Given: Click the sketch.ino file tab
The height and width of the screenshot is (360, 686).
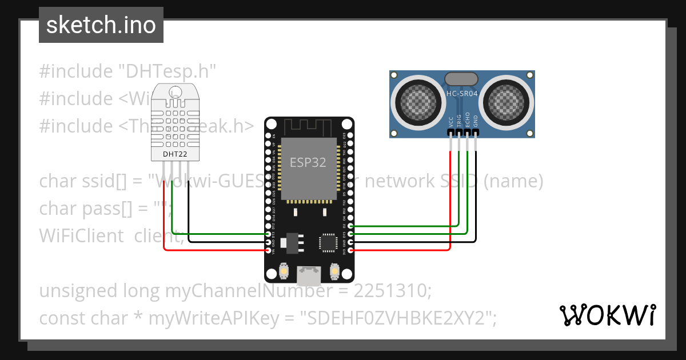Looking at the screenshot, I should (101, 25).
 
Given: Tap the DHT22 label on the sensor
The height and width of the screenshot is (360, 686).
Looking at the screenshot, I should (174, 154).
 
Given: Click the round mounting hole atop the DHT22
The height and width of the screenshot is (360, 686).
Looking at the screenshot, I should (175, 91).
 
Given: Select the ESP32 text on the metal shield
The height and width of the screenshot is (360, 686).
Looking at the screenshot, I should (308, 162).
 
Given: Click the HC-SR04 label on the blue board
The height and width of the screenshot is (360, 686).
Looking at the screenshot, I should (461, 93).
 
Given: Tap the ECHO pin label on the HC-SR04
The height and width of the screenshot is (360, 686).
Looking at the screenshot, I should (468, 119).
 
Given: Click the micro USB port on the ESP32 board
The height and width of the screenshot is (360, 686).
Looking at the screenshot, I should (309, 277).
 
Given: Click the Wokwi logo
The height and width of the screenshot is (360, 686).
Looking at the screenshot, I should (607, 315).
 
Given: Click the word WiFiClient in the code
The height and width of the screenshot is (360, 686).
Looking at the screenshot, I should (81, 235).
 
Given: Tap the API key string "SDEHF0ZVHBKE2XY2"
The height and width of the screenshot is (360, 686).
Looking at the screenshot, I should (398, 318).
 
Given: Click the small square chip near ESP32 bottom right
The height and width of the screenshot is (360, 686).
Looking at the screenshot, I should (328, 242).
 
